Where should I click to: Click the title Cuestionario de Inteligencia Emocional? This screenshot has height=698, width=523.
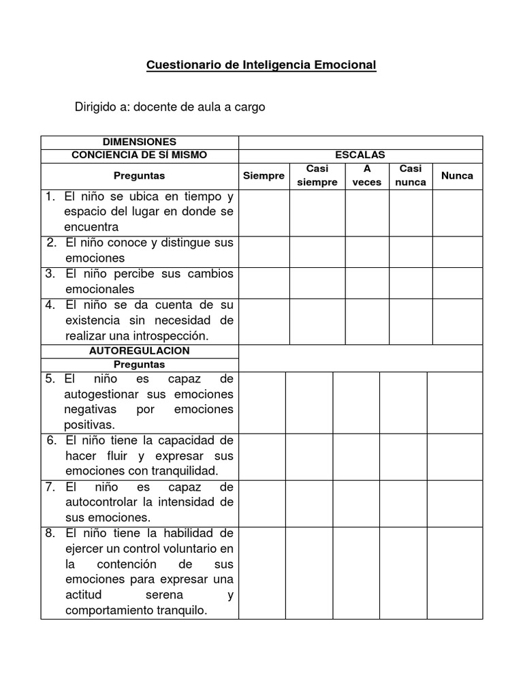261,65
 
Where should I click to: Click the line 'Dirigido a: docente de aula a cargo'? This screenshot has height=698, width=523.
170,107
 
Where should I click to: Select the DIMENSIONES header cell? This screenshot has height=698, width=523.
139,142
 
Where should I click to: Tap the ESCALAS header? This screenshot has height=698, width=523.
360,155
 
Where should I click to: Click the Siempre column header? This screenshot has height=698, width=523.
264,176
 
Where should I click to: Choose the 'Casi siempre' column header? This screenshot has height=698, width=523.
317,176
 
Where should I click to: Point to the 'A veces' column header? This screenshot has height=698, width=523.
367,176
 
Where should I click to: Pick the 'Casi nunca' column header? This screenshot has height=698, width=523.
411,176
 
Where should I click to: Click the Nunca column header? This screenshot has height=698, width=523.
457,176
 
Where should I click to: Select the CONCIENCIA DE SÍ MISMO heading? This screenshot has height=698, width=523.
139,155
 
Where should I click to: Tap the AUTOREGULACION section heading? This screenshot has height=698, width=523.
139,350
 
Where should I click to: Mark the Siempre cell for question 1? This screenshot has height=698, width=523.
264,212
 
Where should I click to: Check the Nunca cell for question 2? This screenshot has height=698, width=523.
457,251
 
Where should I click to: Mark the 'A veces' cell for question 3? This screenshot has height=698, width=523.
367,282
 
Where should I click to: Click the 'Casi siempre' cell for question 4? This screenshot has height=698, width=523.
317,321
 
